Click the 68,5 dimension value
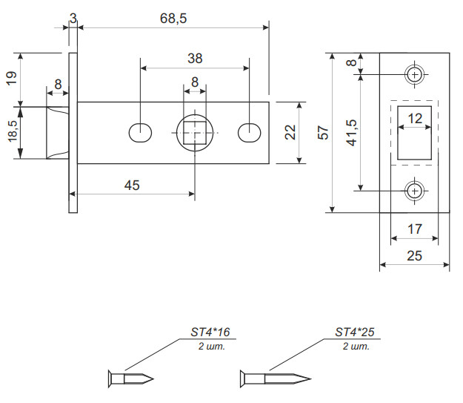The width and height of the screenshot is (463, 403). point(173,19)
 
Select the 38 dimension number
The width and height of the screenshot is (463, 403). point(196,58)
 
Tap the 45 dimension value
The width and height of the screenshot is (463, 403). point(132,186)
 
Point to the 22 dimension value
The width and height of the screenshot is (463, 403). point(290,131)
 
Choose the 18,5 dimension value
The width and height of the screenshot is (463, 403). point(13,132)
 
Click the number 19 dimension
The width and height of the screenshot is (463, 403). point(13,79)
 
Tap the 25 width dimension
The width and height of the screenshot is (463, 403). point(415,256)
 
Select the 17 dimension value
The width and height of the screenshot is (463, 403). point(415,229)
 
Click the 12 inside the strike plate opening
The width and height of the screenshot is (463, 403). point(415,118)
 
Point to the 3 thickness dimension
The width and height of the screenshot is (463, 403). point(73,17)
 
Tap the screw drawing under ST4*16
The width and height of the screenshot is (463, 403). point(132,378)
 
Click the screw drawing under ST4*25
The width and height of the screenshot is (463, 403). point(270,378)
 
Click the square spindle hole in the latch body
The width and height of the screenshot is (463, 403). point(195,132)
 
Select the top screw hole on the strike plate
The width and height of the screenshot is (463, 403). point(415,73)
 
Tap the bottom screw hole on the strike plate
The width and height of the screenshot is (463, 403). point(415,190)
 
